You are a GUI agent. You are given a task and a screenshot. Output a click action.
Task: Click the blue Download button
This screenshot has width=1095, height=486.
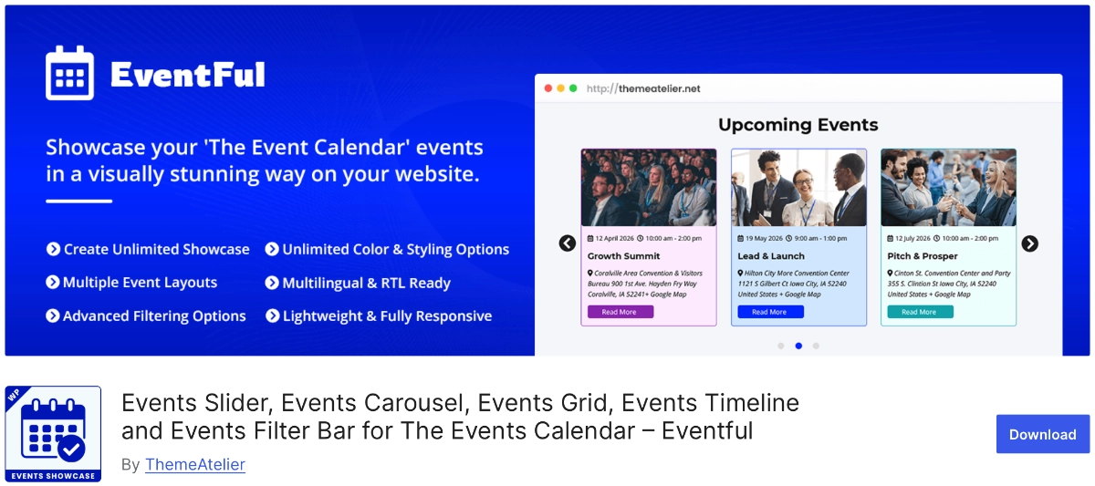point(1042,434)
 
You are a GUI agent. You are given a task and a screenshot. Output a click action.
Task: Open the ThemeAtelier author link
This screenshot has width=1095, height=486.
point(195,464)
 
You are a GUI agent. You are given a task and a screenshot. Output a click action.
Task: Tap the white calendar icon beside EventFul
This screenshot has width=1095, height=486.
point(70,73)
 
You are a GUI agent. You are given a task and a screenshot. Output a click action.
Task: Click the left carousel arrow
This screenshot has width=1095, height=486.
point(567,243)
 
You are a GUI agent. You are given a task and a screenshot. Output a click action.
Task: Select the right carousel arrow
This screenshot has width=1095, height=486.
point(1029,243)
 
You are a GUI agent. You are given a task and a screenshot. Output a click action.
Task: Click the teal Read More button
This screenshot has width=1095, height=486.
point(920,312)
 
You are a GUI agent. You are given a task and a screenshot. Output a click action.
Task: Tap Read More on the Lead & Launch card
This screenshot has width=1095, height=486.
point(770,312)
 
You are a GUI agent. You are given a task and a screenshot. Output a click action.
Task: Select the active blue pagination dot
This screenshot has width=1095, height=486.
point(798,346)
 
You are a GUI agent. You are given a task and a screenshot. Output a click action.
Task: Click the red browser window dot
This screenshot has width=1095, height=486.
point(548,88)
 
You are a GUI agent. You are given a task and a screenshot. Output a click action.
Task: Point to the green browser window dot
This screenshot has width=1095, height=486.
point(573,88)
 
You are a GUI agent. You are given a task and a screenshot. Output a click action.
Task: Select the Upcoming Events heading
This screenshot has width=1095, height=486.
point(798,125)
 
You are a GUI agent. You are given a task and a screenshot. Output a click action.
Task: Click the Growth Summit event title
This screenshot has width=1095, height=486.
point(623,256)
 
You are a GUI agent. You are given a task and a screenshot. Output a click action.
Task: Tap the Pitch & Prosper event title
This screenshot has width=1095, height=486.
point(922,256)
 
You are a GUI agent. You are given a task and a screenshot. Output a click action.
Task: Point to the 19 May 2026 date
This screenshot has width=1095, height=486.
point(764,238)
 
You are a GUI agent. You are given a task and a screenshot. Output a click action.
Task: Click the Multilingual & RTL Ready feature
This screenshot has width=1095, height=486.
point(358,283)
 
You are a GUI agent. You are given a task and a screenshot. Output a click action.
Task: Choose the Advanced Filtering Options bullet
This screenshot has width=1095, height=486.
point(146,316)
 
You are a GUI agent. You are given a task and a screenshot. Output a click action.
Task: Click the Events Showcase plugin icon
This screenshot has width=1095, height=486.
point(53,434)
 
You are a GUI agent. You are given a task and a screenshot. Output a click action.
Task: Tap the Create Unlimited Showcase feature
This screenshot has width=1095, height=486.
point(148,249)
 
